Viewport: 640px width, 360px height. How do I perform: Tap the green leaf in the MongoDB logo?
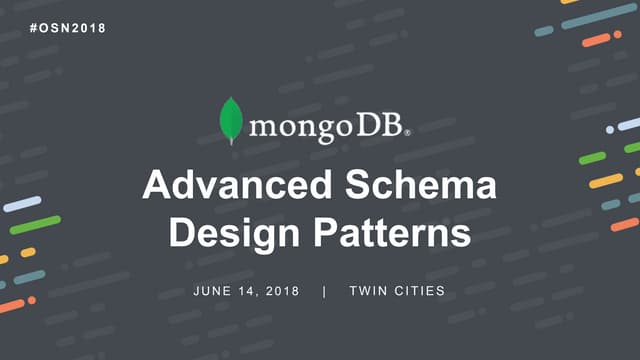point(231,121)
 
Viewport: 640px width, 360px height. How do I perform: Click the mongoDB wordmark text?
point(324,128)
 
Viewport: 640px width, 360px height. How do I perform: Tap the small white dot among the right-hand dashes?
point(610,129)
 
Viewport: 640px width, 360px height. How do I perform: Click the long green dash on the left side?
point(35,225)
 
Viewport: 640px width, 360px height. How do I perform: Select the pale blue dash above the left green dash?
point(22,204)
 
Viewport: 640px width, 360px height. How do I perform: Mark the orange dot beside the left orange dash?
point(32,300)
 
